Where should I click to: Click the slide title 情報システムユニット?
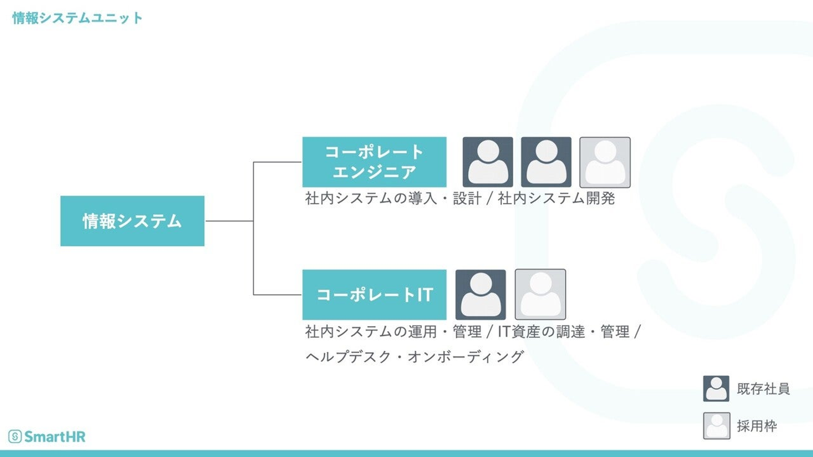coord(77,18)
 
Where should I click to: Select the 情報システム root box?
coord(132,221)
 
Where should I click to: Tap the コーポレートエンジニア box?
coord(374,162)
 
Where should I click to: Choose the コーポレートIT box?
coord(374,295)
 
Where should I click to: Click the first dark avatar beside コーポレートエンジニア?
coord(488,162)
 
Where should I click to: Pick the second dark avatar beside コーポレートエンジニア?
coord(546,162)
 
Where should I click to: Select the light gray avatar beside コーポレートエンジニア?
coord(605,162)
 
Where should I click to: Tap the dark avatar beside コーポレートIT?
coord(480,295)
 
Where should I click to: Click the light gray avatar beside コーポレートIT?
coord(540,295)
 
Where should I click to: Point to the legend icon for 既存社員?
coord(716,389)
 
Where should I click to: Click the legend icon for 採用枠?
coord(716,426)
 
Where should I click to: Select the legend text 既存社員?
coord(763,389)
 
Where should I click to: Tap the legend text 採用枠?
coord(757,426)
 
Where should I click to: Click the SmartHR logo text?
coord(55,436)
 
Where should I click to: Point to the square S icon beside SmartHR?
coord(15,436)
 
